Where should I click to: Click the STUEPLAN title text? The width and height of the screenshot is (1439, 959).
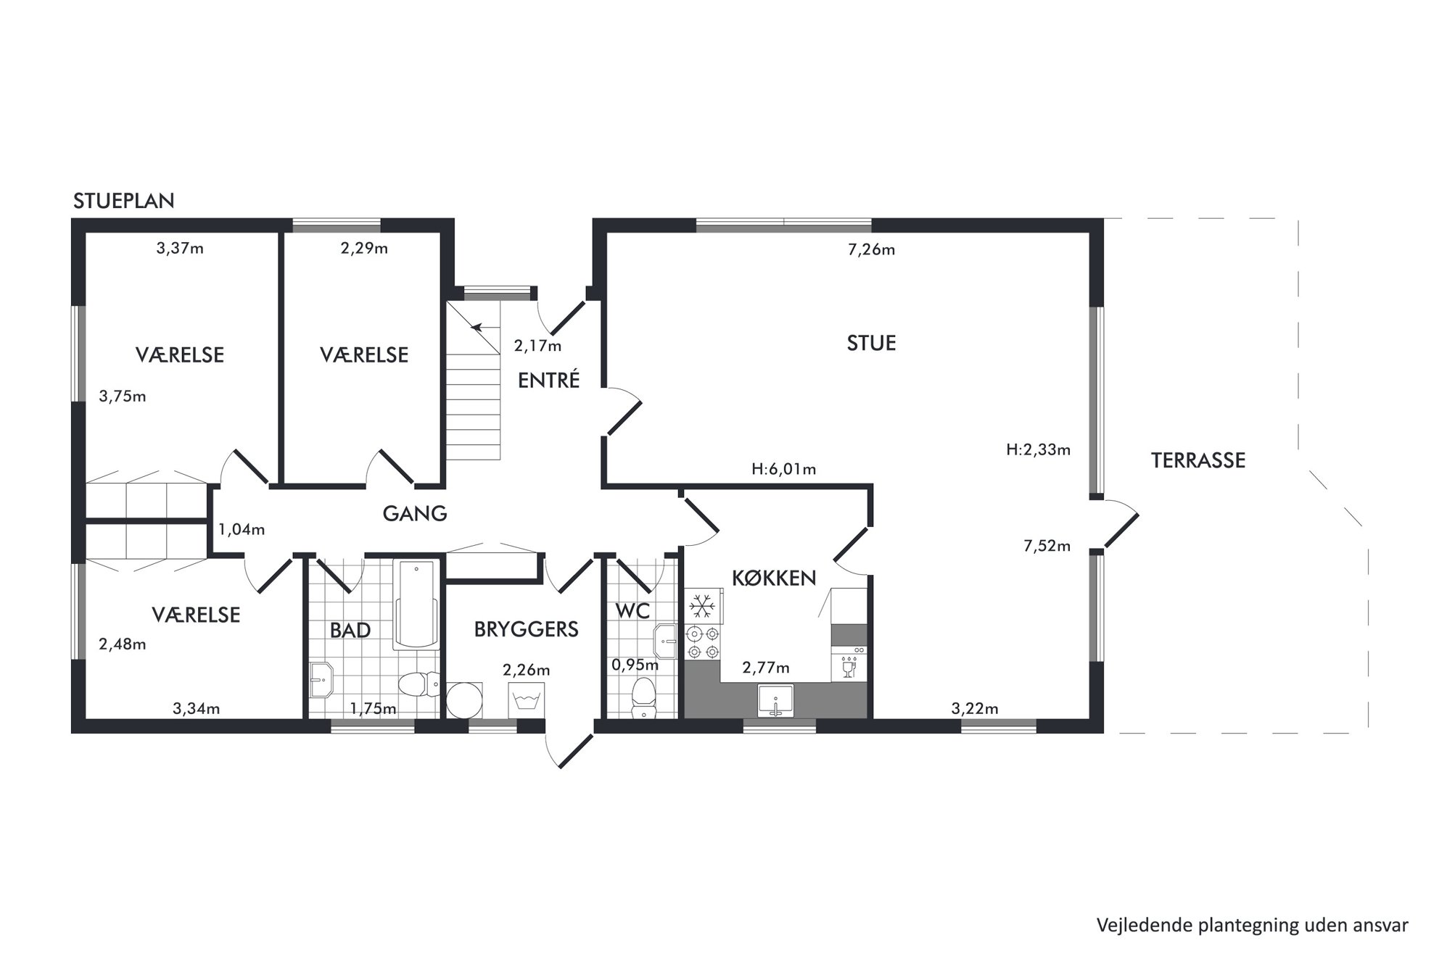pos(123,201)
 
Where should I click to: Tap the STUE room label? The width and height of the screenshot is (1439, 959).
pos(871,343)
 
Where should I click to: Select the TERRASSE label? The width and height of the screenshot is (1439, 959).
pos(1197,460)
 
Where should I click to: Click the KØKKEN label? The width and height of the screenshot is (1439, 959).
pos(774,578)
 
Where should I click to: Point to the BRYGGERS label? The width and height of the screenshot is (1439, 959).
pos(526,629)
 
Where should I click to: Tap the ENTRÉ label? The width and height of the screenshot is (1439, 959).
pos(548,380)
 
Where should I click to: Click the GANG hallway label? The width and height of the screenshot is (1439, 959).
pos(414,513)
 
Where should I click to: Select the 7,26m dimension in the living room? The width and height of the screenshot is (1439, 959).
pos(871,250)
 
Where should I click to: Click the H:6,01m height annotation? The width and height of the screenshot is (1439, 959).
pos(783,469)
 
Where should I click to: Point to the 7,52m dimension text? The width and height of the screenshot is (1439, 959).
pos(1047,547)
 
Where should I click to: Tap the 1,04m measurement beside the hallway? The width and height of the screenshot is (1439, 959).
pos(242,530)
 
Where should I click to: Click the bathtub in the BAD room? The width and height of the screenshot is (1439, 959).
pos(416,604)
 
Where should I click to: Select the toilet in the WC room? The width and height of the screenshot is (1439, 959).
pos(643,697)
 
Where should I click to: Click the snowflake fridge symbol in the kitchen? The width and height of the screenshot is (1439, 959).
pos(702,605)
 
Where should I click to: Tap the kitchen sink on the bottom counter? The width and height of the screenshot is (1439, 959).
pos(775,700)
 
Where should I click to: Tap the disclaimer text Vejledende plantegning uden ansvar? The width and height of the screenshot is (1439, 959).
pos(1252,926)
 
